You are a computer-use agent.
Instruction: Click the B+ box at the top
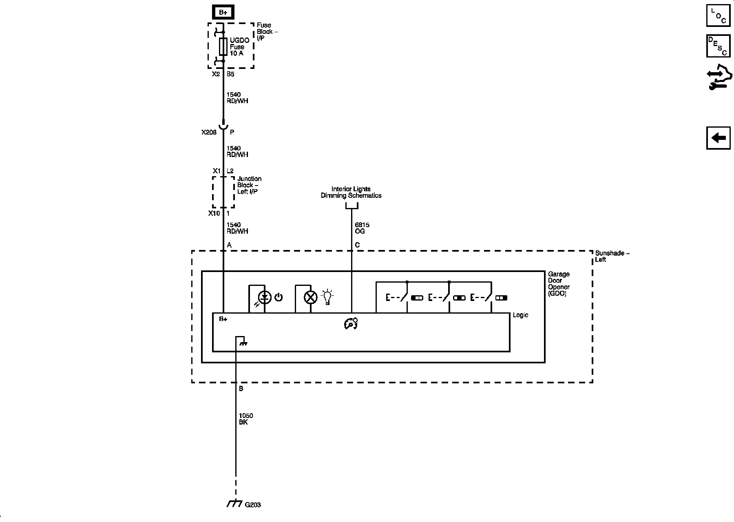point(223,13)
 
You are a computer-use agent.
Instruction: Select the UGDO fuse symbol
point(223,47)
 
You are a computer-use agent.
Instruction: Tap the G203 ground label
point(253,505)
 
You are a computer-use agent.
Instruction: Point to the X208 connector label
point(209,133)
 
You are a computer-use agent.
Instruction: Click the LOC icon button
point(718,15)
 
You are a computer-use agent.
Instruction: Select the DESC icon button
point(718,46)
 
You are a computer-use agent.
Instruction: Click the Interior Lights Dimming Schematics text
point(351,192)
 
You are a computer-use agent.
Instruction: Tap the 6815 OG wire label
point(362,228)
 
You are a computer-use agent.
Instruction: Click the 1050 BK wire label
point(246,419)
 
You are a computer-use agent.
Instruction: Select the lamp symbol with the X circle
point(311,297)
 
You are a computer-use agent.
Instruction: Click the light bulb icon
point(327,297)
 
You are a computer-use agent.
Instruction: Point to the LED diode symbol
point(265,297)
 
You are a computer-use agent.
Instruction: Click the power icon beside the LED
point(279,297)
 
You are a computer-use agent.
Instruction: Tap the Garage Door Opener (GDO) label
point(559,284)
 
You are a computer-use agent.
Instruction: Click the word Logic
point(520,315)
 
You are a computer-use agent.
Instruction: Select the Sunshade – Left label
point(612,256)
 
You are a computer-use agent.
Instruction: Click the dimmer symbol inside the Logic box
point(351,324)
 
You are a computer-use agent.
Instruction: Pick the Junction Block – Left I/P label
point(249,185)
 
